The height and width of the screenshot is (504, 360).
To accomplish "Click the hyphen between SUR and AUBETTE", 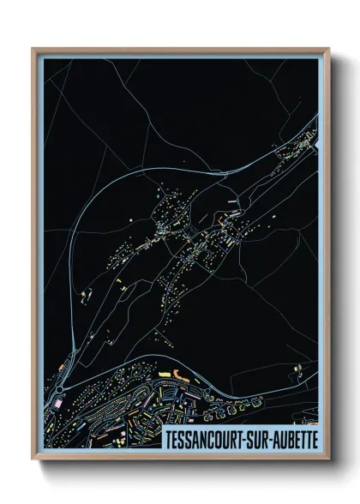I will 276,439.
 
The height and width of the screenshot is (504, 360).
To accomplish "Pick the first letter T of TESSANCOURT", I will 168,438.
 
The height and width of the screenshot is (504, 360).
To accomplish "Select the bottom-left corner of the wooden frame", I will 33,460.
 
